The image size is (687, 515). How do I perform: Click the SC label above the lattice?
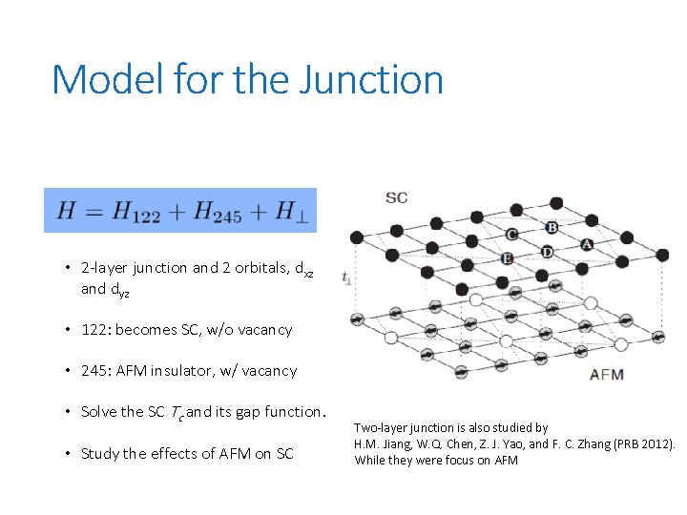[x=396, y=197]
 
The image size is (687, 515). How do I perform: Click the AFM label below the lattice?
[x=607, y=374]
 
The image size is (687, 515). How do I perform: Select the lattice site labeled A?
[x=586, y=245]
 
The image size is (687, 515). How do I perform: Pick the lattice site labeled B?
[x=552, y=228]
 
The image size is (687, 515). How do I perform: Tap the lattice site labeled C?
[x=511, y=235]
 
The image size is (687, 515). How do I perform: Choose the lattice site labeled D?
[x=547, y=252]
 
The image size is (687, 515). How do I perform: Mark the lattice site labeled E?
[x=507, y=258]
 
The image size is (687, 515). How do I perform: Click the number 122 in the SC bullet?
[x=93, y=330]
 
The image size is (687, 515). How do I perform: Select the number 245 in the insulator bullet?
[x=93, y=371]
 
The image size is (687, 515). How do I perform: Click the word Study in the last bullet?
[x=101, y=454]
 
